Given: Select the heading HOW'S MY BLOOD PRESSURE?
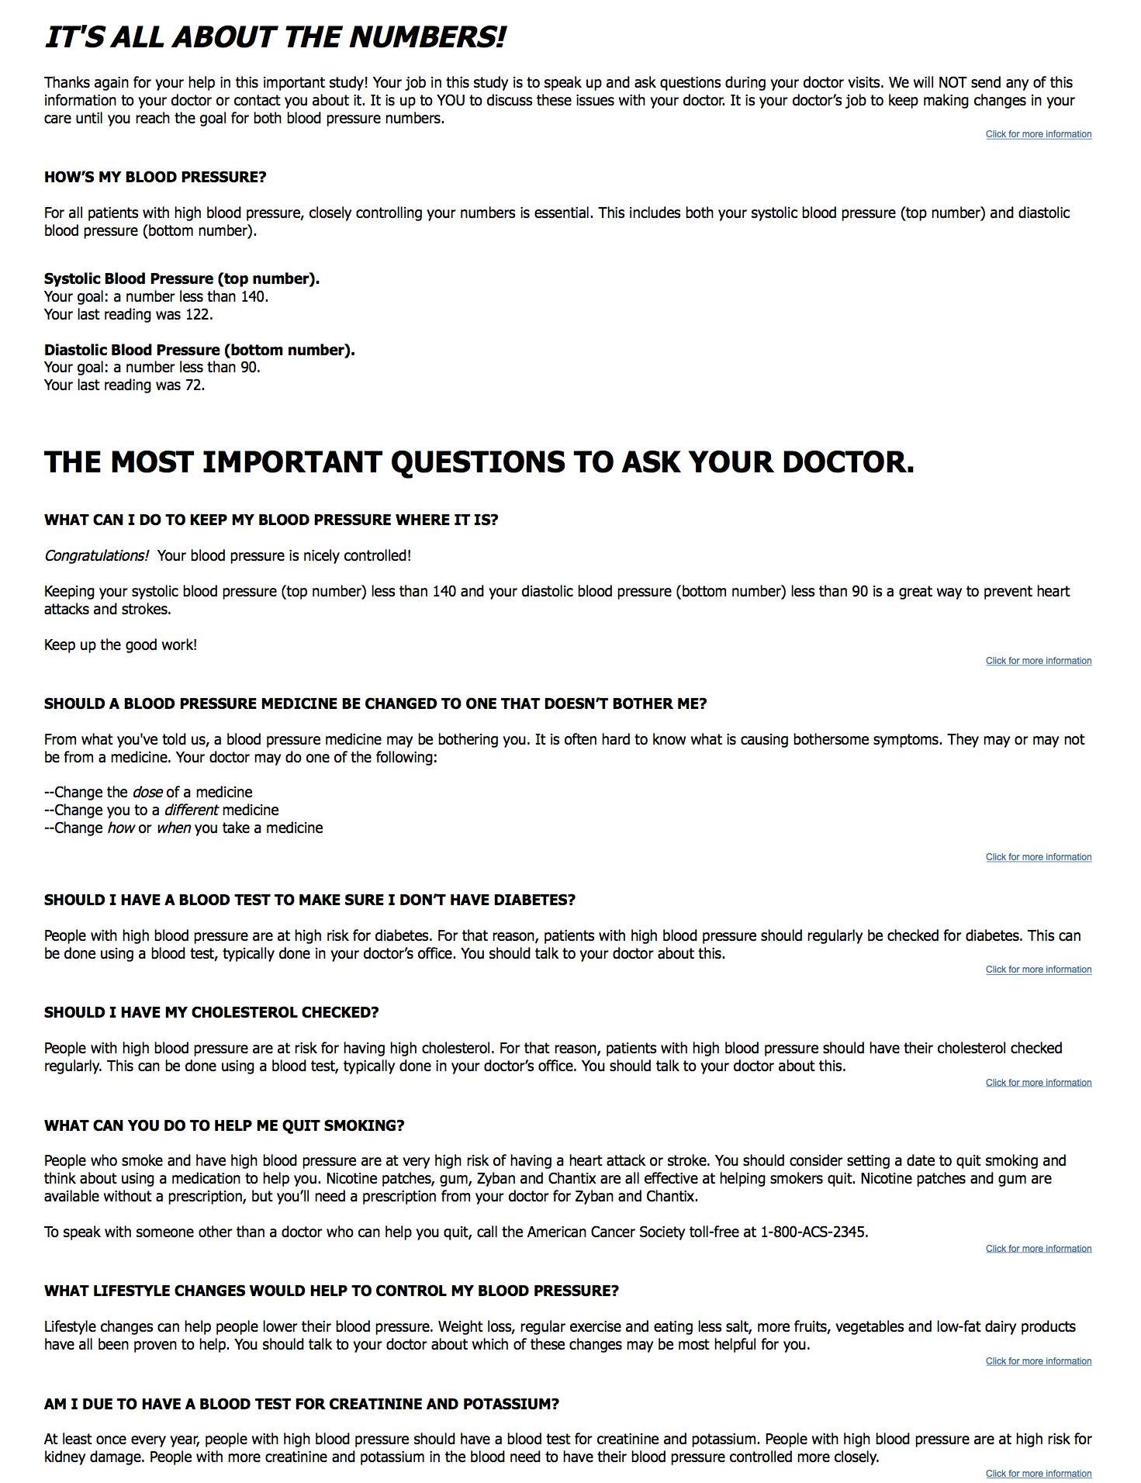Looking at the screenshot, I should (x=155, y=177).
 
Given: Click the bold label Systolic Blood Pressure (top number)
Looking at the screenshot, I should (x=182, y=278).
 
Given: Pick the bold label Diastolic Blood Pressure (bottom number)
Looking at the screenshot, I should (x=199, y=350).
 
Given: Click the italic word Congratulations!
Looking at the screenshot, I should (x=96, y=555).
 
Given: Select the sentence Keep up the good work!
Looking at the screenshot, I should (x=120, y=645).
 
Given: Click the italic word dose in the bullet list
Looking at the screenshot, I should (x=147, y=792).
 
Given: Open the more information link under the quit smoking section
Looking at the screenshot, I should (x=1038, y=1249).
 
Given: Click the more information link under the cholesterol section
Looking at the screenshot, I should (x=1038, y=1083).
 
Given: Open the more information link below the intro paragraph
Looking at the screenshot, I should (x=1038, y=134).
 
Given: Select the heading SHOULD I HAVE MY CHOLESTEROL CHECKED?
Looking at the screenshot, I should (x=211, y=1012).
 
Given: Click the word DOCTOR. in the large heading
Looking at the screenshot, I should (x=848, y=462).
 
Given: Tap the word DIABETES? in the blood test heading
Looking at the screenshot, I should (x=535, y=900).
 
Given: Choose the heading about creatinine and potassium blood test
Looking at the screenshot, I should (x=301, y=1404).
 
